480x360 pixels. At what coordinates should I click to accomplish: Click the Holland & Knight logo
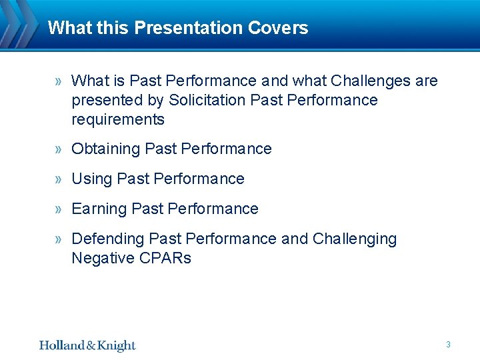[87, 345]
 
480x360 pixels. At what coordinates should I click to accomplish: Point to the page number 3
[448, 345]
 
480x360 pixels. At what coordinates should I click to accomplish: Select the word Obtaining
[105, 149]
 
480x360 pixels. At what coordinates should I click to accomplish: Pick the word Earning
[99, 209]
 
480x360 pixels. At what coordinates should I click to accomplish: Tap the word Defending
[108, 239]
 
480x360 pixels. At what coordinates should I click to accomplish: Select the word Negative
[101, 259]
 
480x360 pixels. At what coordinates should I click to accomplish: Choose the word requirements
[118, 120]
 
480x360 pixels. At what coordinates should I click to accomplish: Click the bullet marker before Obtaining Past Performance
[59, 149]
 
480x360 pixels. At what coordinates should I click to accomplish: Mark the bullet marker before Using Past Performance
[59, 179]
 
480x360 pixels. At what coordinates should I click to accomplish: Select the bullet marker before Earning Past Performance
[59, 209]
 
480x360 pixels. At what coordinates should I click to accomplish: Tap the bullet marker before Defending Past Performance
[59, 239]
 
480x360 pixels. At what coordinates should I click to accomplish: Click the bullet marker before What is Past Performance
[59, 81]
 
